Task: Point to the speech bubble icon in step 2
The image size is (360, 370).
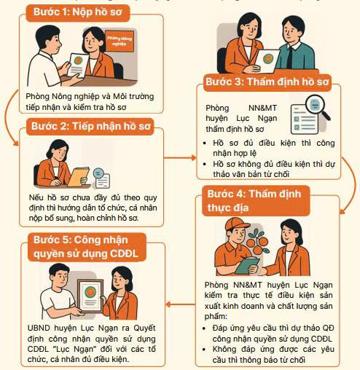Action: tap(101, 178)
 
